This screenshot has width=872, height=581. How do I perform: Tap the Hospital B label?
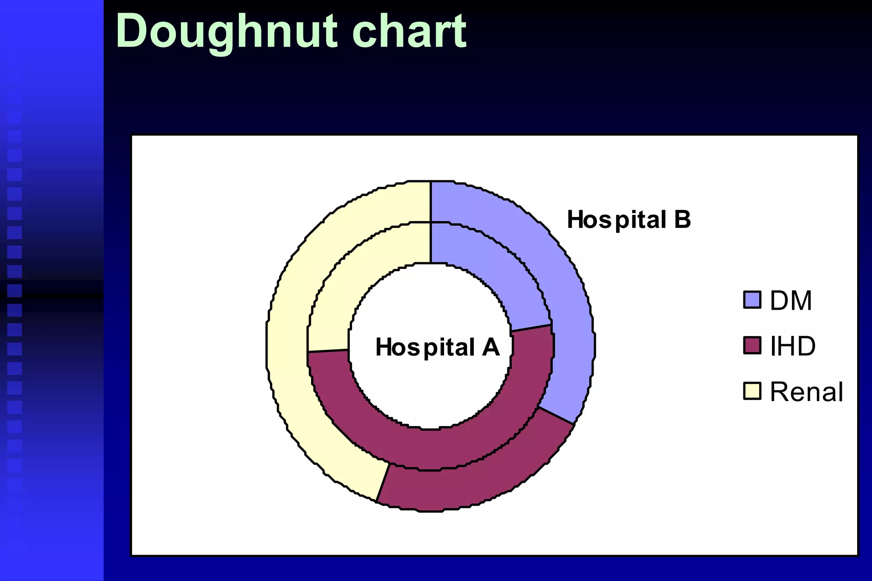coord(628,220)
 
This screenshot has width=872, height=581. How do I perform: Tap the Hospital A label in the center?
coord(437,347)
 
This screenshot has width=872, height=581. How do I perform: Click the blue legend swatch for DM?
coord(752,300)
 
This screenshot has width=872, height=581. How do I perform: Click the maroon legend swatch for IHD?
coord(752,345)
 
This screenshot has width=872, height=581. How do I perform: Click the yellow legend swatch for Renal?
coord(752,391)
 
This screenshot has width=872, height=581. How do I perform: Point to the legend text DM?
coord(791,301)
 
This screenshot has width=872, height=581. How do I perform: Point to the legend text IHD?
coord(792,346)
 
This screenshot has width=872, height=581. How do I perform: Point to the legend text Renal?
coord(806,392)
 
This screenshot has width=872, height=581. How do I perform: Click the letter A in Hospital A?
coord(491,347)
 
